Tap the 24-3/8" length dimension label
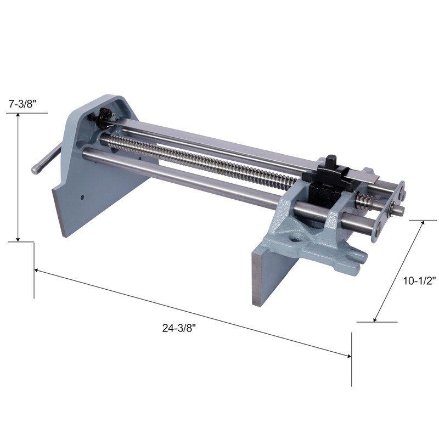point(179,328)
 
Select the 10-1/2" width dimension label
point(419,280)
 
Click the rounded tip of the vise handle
point(35,170)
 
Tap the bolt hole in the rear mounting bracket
point(296,239)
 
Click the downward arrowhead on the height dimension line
point(18,239)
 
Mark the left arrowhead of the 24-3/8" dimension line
point(37,270)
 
